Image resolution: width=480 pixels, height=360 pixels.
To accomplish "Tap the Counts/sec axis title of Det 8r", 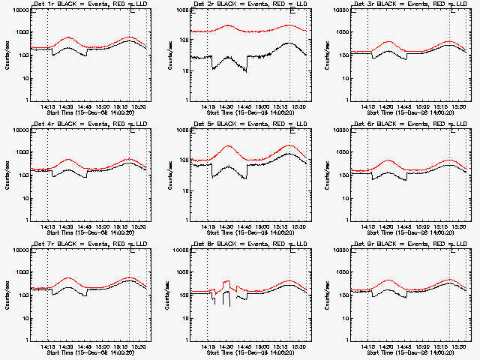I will [x=166, y=295].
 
